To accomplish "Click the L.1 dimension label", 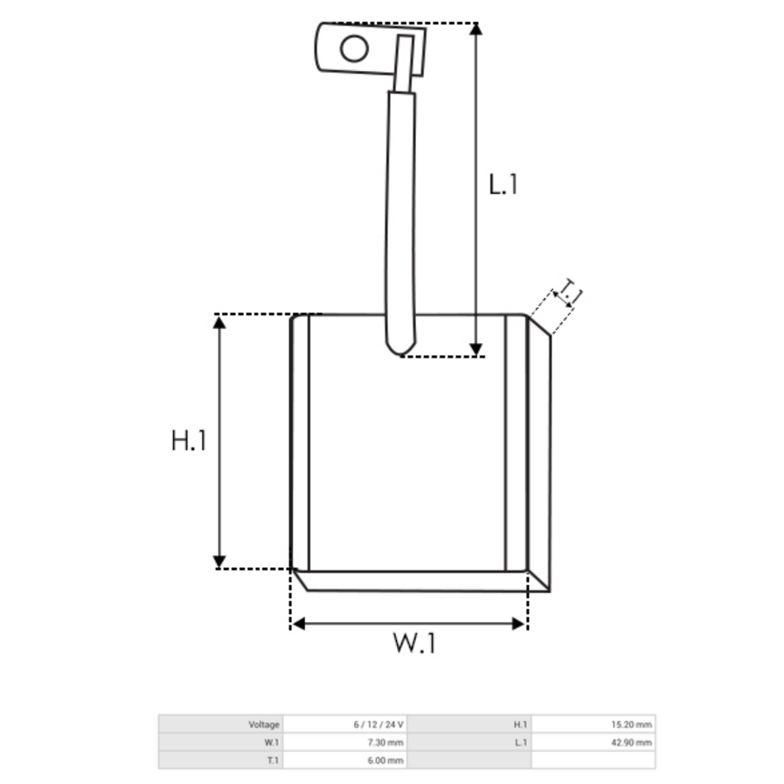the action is point(503,185).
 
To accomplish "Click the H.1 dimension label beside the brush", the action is point(188,441).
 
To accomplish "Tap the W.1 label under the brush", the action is point(414,643).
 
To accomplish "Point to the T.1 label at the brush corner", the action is point(569,293).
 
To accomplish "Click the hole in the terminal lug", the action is point(354,49).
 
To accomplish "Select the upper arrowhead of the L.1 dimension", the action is point(476,29).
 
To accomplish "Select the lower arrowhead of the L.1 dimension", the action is point(476,350).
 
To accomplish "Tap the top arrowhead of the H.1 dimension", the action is point(219,323).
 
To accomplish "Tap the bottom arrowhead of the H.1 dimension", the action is point(219,561).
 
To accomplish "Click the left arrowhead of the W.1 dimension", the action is point(299,624).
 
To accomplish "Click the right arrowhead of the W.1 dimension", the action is point(518,624).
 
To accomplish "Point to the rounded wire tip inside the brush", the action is point(400,347).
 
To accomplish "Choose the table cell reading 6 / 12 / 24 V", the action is point(379,725).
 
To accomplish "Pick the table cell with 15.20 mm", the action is point(631,725).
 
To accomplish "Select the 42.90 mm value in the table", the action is point(631,743).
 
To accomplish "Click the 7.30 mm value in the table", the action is point(385,743).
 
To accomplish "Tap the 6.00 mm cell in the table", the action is point(385,761).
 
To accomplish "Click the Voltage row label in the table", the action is point(263,725).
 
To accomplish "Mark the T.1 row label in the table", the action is point(272,761).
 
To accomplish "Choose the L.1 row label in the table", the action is point(521,743).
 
